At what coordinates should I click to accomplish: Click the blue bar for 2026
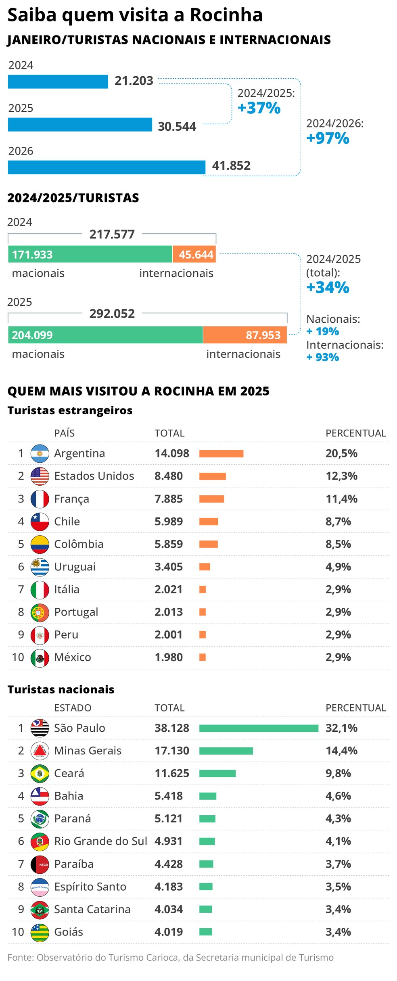[107, 167]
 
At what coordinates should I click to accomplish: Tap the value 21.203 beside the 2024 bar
[134, 81]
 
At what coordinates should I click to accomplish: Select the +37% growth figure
[259, 108]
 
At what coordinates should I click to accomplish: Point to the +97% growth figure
[328, 138]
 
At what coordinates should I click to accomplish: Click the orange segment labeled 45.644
[194, 255]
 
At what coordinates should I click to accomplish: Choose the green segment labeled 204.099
[105, 335]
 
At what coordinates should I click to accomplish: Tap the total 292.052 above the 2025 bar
[112, 314]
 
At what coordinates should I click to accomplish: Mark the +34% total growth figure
[328, 288]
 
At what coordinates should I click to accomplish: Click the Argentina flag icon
[40, 453]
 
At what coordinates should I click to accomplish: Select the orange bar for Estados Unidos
[212, 476]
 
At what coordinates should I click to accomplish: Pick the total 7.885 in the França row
[169, 499]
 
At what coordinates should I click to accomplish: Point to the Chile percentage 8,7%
[338, 522]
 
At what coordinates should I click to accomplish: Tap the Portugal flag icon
[40, 612]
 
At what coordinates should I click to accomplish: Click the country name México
[73, 657]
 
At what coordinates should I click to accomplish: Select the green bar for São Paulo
[258, 728]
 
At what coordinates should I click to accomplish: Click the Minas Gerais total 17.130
[172, 751]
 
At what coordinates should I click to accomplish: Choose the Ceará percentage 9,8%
[338, 773]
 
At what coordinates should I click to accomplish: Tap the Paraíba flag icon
[40, 864]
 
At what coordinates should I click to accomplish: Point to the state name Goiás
[69, 932]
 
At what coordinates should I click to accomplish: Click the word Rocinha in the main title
[226, 15]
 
